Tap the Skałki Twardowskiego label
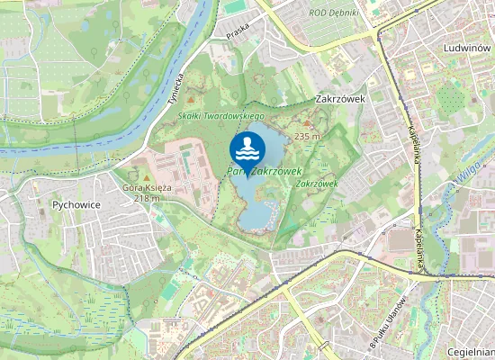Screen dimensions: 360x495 coord(220,117)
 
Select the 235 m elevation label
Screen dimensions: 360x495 coord(307,137)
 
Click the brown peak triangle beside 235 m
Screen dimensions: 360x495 coord(308,124)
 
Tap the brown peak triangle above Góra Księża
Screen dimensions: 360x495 coord(146,176)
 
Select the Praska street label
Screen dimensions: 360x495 coord(238,42)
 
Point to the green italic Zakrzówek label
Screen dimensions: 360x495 coord(316,183)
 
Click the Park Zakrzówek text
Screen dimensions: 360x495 coord(264,169)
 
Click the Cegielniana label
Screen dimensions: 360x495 coord(470,352)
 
